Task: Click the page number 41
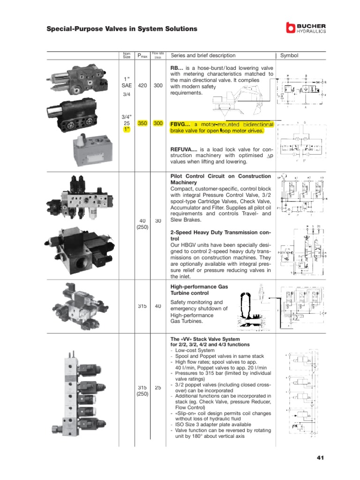coord(321,457)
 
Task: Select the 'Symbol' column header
coord(289,55)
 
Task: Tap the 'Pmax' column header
coord(142,56)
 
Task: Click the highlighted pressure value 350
coord(142,123)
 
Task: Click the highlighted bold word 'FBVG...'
coord(180,124)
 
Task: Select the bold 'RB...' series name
coord(177,68)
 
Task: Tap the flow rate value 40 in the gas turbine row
coord(158,306)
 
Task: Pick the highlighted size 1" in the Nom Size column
coord(126,129)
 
